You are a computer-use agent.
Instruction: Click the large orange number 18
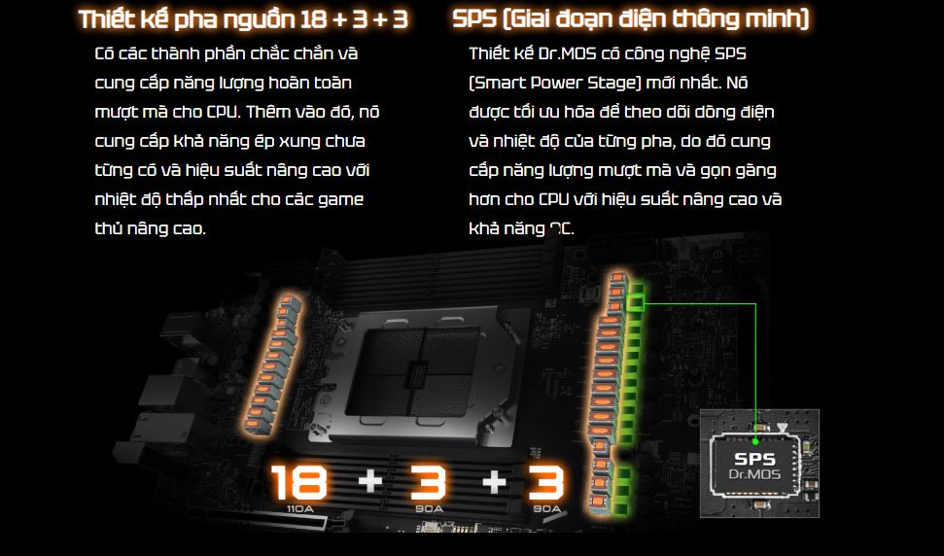[298, 482]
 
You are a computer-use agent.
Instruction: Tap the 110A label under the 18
[299, 509]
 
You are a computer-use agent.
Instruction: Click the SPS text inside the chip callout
[755, 459]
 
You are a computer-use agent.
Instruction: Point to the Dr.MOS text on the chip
[755, 474]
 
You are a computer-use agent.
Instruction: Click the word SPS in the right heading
[474, 19]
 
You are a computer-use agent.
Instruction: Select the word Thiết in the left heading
[107, 19]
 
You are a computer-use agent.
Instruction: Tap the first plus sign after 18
[369, 482]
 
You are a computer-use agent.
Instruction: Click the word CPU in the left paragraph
[223, 112]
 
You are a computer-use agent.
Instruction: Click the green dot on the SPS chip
[755, 441]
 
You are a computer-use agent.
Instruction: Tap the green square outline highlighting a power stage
[637, 303]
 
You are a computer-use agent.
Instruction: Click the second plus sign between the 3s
[494, 482]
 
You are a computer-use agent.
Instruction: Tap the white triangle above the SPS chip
[782, 429]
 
